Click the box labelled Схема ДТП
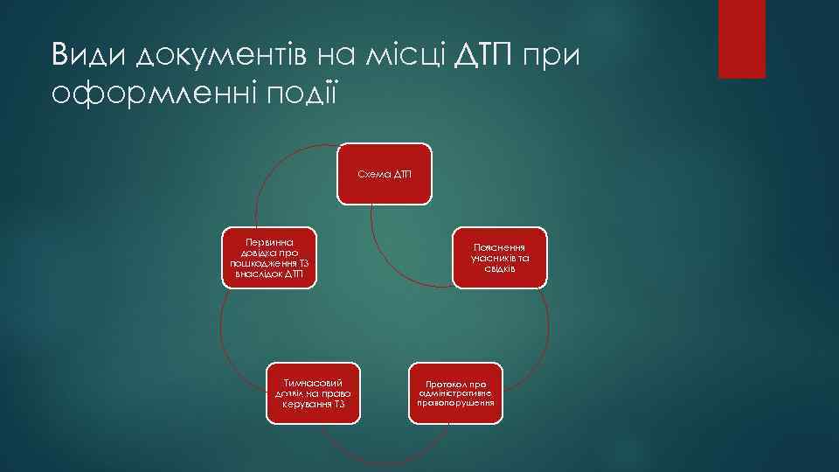pyautogui.click(x=385, y=174)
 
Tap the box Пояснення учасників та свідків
pyautogui.click(x=500, y=258)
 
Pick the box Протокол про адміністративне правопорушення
pyautogui.click(x=455, y=392)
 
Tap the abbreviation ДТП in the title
pyautogui.click(x=490, y=56)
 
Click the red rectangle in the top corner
pyautogui.click(x=741, y=38)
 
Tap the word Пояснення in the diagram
pyautogui.click(x=500, y=248)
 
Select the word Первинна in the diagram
pyautogui.click(x=269, y=238)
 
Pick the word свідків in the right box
pyautogui.click(x=500, y=268)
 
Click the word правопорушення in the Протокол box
pyautogui.click(x=455, y=403)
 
